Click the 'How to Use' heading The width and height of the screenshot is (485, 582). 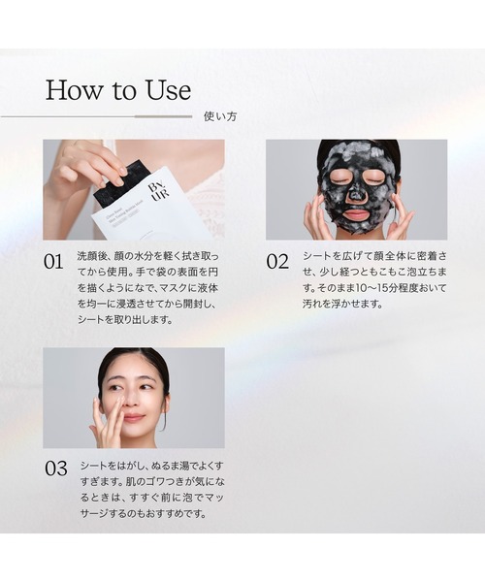click(x=118, y=90)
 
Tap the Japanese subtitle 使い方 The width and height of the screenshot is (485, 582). click(x=220, y=116)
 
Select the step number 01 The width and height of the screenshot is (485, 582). click(x=53, y=262)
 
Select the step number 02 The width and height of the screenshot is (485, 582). click(x=277, y=262)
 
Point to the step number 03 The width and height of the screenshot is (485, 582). click(x=56, y=469)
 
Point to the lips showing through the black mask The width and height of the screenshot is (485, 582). click(x=355, y=214)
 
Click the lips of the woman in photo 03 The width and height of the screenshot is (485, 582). click(x=133, y=417)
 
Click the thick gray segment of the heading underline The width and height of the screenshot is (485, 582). click(x=163, y=116)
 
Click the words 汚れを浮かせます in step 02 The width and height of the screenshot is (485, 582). click(x=342, y=304)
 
